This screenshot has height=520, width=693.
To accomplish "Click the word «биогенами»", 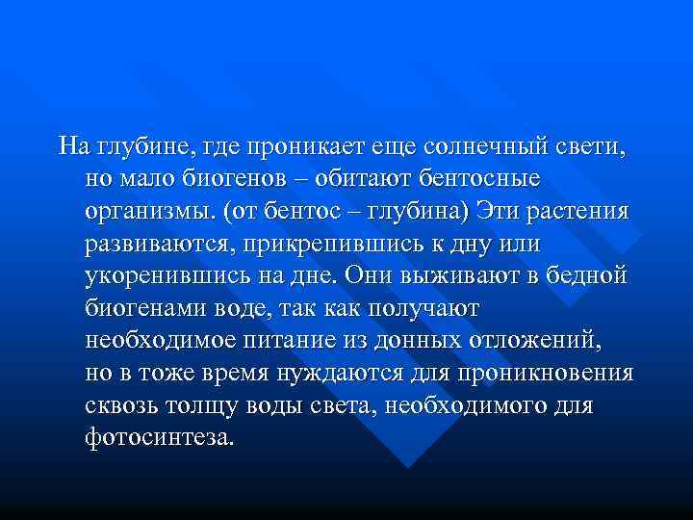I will pyautogui.click(x=144, y=309).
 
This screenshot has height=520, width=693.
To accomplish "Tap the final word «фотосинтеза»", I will pyautogui.click(x=158, y=438).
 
